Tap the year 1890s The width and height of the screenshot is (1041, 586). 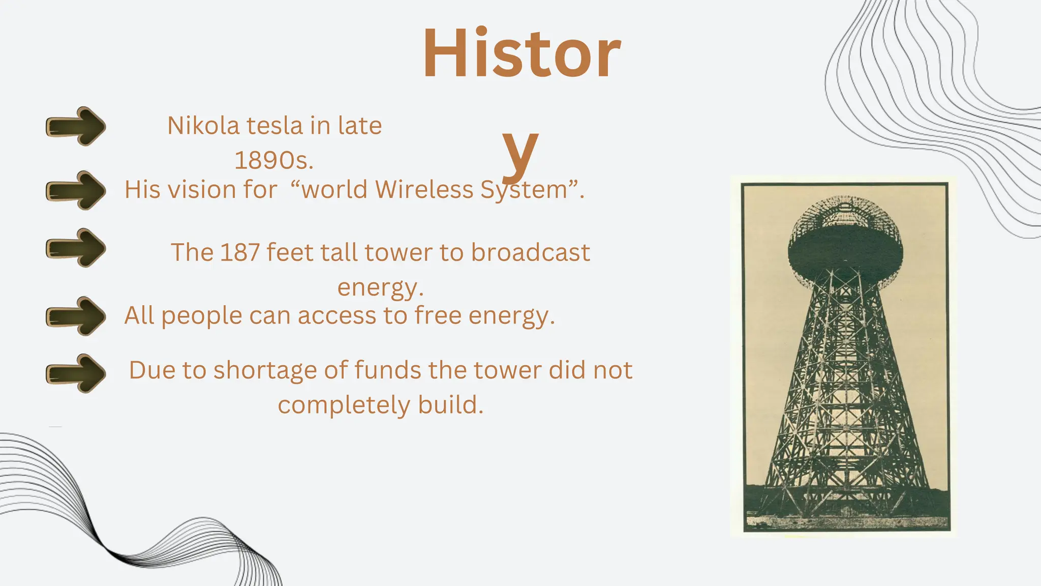tap(273, 161)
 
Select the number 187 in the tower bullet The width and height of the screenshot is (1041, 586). tap(240, 252)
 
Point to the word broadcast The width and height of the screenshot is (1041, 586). tap(530, 252)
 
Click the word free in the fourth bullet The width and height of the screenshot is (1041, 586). tap(438, 315)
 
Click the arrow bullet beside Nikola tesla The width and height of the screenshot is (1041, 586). tap(76, 126)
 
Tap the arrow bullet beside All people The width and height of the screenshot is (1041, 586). tap(76, 316)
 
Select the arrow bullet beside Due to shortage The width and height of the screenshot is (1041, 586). tap(76, 373)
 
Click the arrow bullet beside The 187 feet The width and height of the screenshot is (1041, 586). tap(76, 248)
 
